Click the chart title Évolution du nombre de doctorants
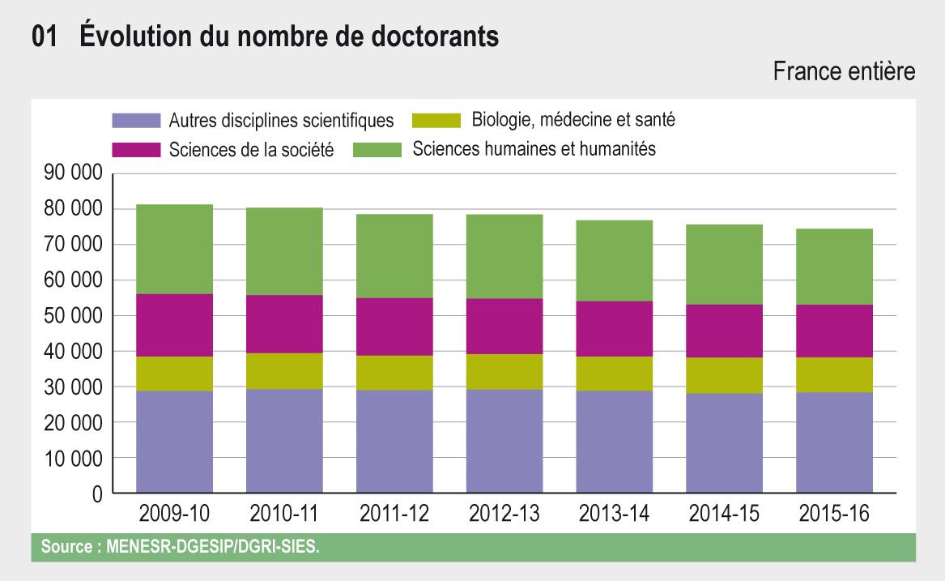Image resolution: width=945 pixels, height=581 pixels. click(265, 37)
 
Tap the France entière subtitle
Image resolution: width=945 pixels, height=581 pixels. click(844, 72)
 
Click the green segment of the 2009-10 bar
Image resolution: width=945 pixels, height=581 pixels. click(174, 249)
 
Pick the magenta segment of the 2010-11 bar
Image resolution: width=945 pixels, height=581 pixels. click(284, 324)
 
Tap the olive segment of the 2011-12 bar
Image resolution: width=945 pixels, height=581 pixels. click(394, 373)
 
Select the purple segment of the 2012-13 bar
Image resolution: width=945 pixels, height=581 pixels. click(504, 442)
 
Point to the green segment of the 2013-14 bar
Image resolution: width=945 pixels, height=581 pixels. click(614, 260)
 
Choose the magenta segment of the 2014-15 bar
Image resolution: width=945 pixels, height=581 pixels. click(724, 331)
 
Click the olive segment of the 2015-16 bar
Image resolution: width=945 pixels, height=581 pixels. click(834, 374)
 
